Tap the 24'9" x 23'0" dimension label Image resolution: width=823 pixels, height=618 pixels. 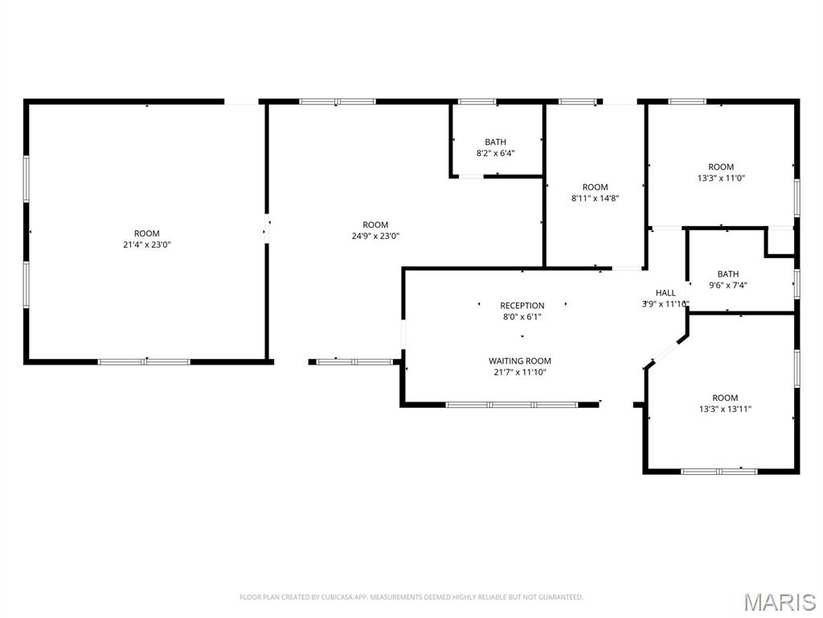(375, 237)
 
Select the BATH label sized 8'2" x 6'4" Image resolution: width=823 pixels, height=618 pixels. (495, 142)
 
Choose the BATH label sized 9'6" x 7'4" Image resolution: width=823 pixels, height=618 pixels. (727, 274)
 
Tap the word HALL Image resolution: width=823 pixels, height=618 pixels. (666, 293)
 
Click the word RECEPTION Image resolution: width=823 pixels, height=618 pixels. (522, 306)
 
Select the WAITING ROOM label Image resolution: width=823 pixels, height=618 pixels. (520, 361)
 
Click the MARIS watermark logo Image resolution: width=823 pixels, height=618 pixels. (780, 603)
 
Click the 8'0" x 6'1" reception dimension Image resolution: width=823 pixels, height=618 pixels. (522, 317)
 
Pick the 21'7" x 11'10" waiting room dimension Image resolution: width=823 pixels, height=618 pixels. (520, 373)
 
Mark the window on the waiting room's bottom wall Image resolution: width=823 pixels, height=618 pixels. (512, 404)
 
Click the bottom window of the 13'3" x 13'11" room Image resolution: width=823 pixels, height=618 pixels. (719, 471)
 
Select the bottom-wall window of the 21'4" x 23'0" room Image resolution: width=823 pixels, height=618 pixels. (144, 362)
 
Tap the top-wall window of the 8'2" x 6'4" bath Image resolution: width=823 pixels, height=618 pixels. (477, 102)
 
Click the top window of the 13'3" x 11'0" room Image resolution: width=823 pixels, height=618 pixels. (687, 102)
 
